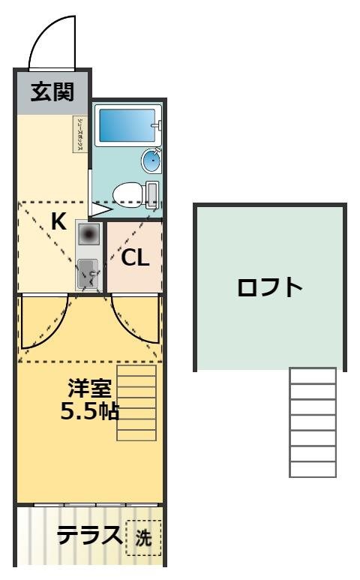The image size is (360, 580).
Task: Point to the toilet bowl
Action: point(127,194)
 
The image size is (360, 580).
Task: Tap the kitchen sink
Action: point(88,272)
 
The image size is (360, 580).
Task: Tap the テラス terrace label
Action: point(90,536)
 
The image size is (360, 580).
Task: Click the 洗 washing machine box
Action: point(143,537)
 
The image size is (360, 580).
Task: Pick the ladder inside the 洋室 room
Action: point(136,404)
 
